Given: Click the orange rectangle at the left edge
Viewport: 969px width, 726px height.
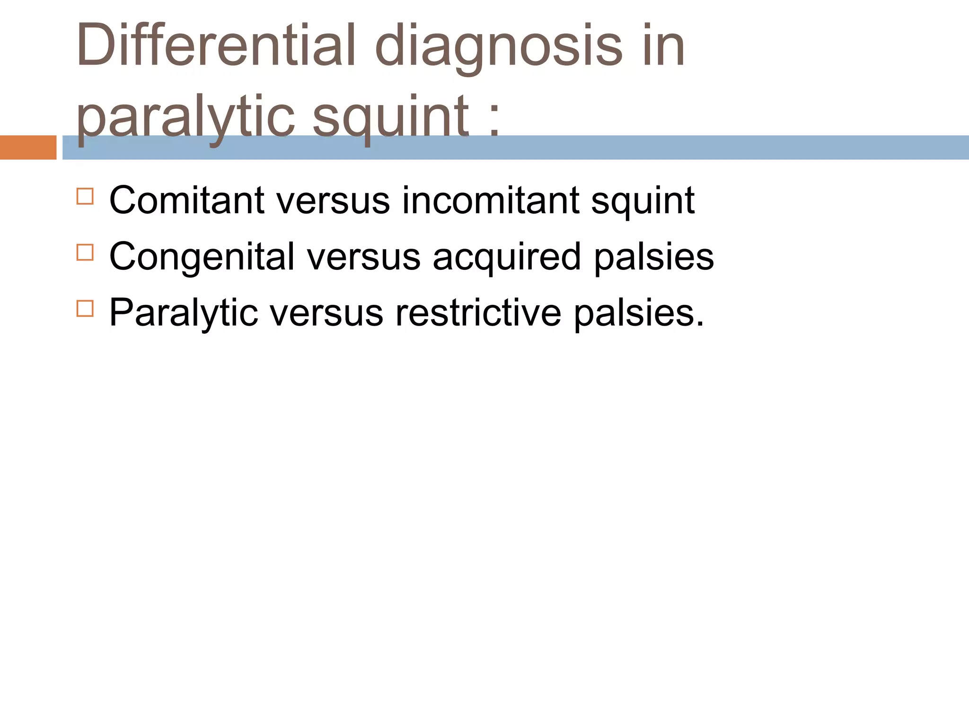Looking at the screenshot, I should [28, 147].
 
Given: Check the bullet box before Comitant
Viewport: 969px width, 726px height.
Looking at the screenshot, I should [85, 196].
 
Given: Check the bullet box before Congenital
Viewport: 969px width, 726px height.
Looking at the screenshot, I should [85, 252].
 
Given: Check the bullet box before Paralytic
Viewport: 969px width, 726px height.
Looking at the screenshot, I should [85, 309].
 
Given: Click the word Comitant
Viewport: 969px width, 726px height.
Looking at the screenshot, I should [186, 200].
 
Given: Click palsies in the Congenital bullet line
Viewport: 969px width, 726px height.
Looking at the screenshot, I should [654, 257].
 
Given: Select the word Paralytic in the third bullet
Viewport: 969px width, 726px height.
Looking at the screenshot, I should [184, 313].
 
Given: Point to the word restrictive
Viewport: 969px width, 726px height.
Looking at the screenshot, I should [478, 312].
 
